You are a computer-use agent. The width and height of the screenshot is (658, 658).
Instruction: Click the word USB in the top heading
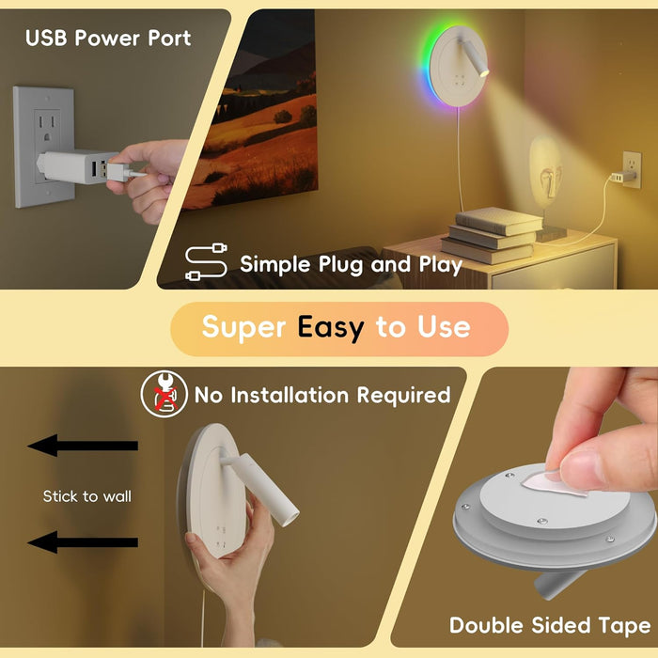pos(46,39)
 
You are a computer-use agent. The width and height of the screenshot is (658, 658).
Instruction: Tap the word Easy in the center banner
pos(331,328)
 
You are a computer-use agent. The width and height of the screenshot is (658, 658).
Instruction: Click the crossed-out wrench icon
pos(164,394)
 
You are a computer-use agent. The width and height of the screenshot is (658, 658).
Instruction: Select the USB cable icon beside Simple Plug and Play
pos(206,262)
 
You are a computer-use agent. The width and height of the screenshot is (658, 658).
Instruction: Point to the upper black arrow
pos(83,446)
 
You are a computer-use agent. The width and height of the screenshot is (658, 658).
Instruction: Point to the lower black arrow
pos(83,541)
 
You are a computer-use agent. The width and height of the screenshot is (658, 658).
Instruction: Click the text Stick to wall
pos(87,496)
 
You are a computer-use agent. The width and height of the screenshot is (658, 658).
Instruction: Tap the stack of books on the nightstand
pos(491,236)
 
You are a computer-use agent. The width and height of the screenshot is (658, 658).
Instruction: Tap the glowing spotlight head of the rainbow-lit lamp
pos(484,72)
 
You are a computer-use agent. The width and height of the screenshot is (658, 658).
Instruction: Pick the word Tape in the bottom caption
pos(625,627)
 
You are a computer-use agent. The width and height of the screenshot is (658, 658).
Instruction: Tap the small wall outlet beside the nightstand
pos(632,169)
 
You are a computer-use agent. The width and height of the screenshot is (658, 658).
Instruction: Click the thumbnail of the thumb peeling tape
pos(581,462)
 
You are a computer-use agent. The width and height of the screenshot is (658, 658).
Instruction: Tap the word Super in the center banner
pos(243,328)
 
